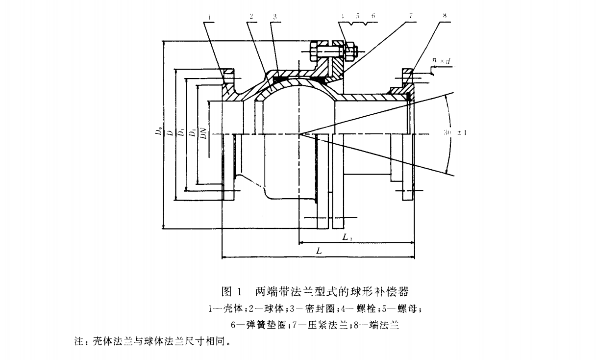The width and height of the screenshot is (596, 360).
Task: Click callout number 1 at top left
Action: [209, 16]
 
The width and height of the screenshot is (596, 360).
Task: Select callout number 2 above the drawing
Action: [251, 16]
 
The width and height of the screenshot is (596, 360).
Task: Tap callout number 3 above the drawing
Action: [275, 16]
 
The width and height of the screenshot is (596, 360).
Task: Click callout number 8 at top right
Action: [445, 16]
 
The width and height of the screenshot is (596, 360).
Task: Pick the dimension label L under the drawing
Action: [319, 251]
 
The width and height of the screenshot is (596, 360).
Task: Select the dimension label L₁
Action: [346, 237]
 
